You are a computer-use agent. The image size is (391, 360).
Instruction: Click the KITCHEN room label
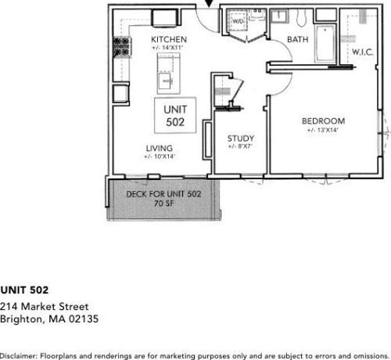tap(169, 39)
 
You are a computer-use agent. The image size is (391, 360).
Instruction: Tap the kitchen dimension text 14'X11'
tap(173, 48)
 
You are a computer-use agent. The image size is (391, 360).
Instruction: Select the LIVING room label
tap(160, 148)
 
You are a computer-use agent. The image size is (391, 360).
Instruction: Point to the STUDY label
tap(241, 139)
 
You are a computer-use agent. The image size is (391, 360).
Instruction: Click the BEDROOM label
tap(324, 121)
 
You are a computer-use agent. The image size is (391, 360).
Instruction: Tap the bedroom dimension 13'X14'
tap(328, 130)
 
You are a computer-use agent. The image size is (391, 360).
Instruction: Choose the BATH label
tap(298, 39)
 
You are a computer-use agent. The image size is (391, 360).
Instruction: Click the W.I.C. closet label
tap(363, 52)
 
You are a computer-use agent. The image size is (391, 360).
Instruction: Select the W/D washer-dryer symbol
tap(237, 20)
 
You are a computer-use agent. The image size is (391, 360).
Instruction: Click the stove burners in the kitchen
tap(122, 47)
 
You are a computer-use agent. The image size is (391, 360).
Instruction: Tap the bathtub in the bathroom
tap(325, 44)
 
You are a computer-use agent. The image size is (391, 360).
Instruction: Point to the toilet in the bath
tap(302, 18)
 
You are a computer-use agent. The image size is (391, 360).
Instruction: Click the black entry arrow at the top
tap(209, 3)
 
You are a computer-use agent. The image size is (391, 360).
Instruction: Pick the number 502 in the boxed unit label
tap(175, 122)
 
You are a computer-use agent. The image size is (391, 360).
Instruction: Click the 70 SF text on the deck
tap(163, 203)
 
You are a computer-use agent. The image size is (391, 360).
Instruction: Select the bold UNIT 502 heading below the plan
tap(24, 290)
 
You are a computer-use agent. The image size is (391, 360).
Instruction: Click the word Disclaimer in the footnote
tap(19, 355)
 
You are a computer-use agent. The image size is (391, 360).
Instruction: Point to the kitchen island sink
tap(166, 81)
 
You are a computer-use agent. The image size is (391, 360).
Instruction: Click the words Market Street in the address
tap(55, 306)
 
